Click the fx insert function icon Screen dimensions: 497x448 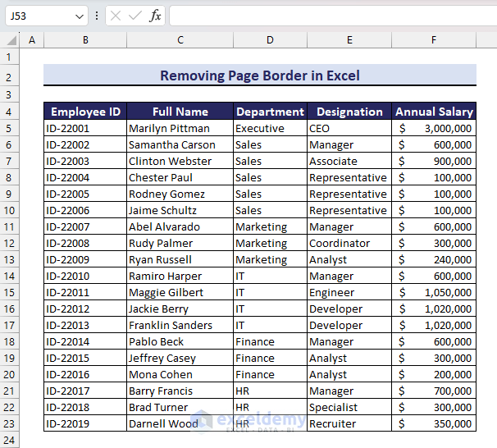(x=155, y=16)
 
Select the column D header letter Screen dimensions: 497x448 (x=270, y=39)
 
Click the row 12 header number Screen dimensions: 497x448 (x=11, y=243)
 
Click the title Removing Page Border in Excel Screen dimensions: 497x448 (x=259, y=75)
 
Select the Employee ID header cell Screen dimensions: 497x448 (x=85, y=112)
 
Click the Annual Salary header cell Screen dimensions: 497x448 (x=434, y=112)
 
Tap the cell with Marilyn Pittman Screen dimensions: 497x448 (x=169, y=128)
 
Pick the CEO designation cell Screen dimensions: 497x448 (x=319, y=128)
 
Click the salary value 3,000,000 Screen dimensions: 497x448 (x=448, y=128)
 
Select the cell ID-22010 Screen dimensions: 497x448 (x=68, y=276)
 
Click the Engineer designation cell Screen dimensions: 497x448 (x=331, y=292)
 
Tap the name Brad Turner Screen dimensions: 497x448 (x=158, y=407)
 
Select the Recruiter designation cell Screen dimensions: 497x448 (x=332, y=423)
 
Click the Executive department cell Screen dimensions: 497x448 (x=260, y=128)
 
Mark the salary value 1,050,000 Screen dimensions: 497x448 (x=448, y=292)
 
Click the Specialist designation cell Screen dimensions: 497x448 (x=333, y=407)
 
